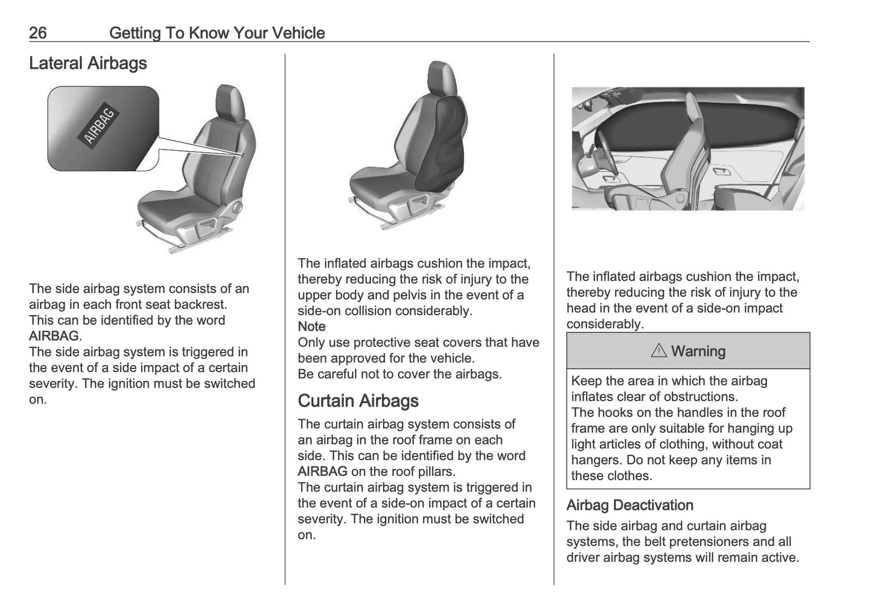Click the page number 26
(37, 33)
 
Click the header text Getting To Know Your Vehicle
(217, 33)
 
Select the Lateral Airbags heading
(88, 63)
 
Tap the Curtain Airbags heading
(358, 401)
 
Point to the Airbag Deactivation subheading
(629, 505)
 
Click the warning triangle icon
(658, 351)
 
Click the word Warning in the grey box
(698, 351)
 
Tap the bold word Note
(311, 327)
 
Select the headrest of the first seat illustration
(230, 100)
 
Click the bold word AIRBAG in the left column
(54, 337)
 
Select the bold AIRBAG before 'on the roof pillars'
(322, 472)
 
